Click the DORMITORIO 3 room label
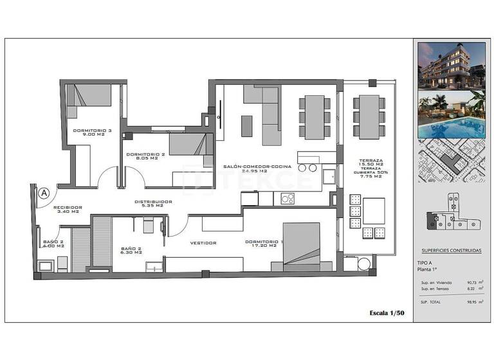point(93,130)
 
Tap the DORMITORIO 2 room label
point(146,154)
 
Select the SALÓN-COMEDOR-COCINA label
point(257,166)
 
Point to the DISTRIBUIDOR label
point(153,202)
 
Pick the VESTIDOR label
point(203,242)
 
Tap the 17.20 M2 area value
point(264,246)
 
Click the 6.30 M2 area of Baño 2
point(135,253)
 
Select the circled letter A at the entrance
point(44,192)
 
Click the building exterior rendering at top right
point(452,66)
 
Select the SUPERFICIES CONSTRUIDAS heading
point(451,251)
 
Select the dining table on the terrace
point(369,117)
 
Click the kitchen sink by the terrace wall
point(328,176)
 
